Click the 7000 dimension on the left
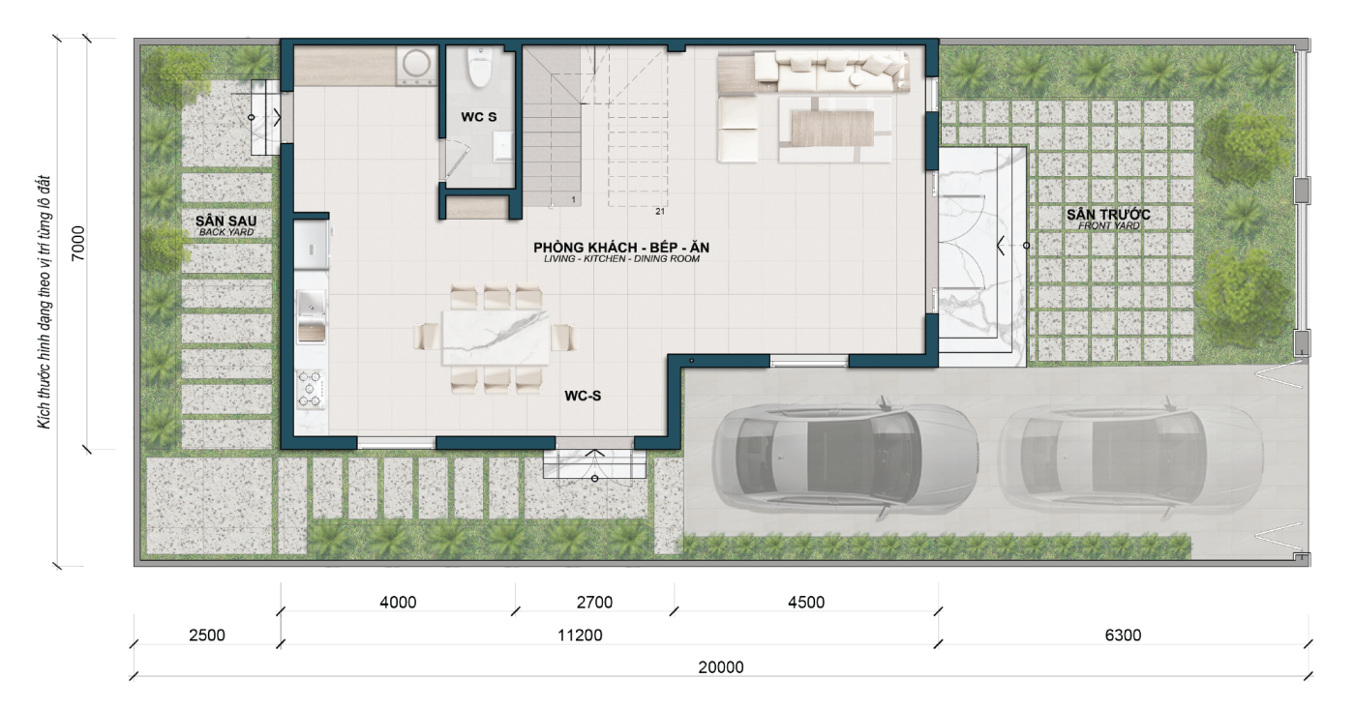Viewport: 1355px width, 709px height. point(78,244)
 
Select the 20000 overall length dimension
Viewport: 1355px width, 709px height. point(721,667)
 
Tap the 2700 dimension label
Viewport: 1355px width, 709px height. point(594,603)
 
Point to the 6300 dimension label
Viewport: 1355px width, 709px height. point(1123,635)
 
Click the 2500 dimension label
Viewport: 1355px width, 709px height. point(207,635)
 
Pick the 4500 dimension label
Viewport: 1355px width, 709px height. point(806,603)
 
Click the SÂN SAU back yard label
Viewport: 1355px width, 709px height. point(226,224)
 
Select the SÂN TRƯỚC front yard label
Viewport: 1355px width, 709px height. point(1108,219)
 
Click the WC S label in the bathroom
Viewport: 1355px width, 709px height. point(478,117)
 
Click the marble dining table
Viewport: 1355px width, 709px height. point(496,338)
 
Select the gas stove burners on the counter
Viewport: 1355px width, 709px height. point(311,389)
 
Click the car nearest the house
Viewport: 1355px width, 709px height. point(846,460)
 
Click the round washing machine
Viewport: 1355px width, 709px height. point(417,64)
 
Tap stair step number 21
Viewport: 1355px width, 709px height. point(660,212)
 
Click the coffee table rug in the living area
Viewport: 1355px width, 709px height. point(832,128)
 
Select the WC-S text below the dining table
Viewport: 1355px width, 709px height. point(583,396)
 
